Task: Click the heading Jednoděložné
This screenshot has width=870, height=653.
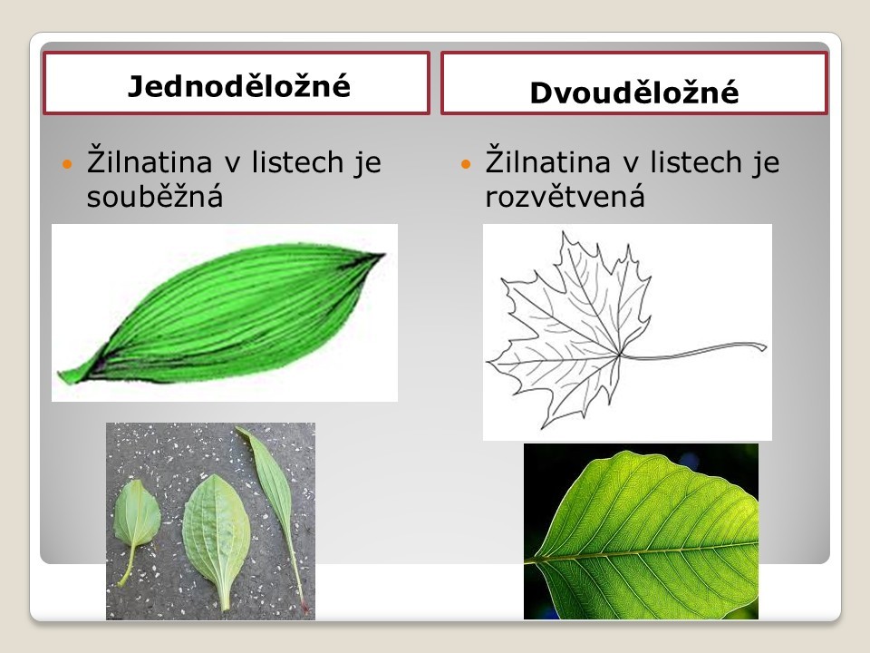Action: click(x=239, y=86)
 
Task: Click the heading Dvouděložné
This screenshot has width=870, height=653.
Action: click(x=634, y=93)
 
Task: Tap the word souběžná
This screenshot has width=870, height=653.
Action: click(x=155, y=196)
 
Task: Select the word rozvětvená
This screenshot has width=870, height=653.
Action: click(x=565, y=196)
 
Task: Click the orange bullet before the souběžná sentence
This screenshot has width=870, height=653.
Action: click(x=68, y=164)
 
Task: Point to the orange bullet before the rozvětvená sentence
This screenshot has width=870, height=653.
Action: click(x=466, y=164)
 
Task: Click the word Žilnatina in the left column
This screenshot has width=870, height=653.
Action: click(x=150, y=161)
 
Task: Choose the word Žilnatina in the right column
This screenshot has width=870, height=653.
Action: click(x=547, y=161)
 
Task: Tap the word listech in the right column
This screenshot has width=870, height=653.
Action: click(x=696, y=161)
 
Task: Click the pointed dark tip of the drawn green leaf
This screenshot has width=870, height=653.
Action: click(x=382, y=255)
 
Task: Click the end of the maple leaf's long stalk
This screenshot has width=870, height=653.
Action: click(x=765, y=347)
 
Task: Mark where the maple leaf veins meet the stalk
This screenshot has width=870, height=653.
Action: click(x=620, y=354)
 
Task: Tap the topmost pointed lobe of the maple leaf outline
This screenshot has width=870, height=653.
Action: click(x=565, y=233)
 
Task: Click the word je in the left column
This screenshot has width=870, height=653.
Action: click(x=369, y=162)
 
